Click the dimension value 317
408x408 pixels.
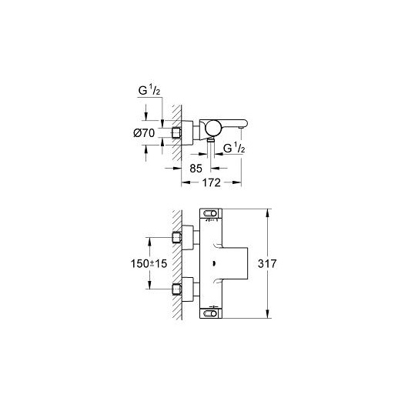click(267, 263)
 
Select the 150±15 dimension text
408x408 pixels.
click(149, 263)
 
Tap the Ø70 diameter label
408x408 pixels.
click(144, 133)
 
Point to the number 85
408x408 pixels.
click(196, 169)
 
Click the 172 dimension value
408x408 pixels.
click(211, 182)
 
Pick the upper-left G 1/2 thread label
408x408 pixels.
click(149, 90)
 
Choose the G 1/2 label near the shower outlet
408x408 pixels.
click(234, 148)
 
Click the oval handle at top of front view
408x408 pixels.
click(210, 214)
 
